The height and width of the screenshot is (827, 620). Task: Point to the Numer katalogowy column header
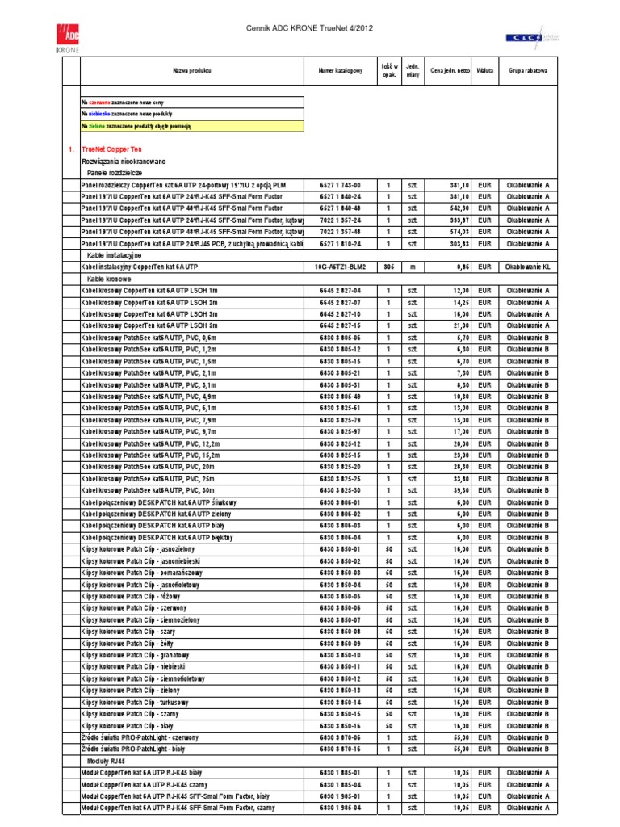click(x=341, y=72)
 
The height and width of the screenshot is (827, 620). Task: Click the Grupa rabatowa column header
click(x=527, y=72)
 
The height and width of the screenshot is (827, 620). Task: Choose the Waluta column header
click(x=485, y=72)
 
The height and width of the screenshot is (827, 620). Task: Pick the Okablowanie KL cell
click(x=527, y=266)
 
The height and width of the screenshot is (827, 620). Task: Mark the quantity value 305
click(x=388, y=266)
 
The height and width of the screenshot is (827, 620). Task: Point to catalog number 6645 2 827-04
click(x=341, y=290)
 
